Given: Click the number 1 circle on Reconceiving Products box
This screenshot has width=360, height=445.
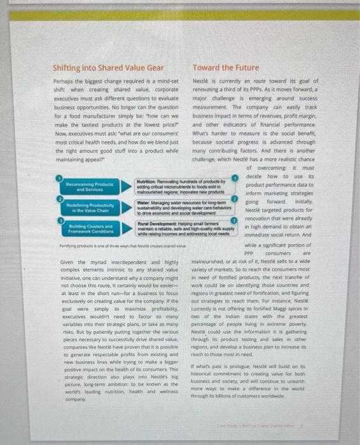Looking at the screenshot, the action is coord(62,162).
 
